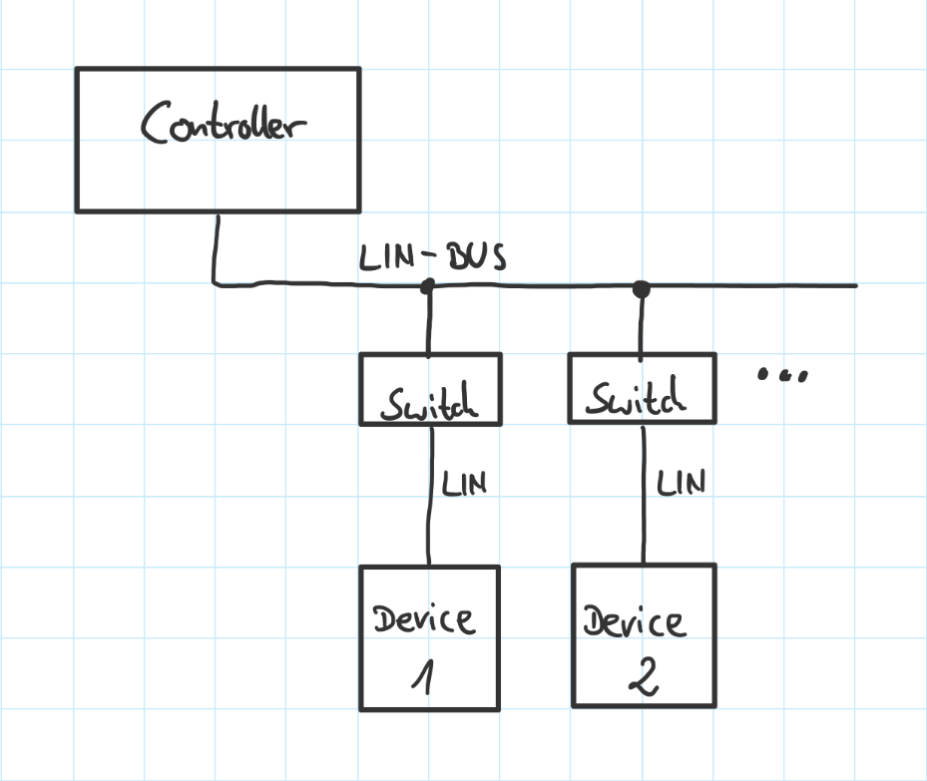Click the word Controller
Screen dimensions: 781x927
(x=224, y=127)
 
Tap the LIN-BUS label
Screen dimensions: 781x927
(x=432, y=257)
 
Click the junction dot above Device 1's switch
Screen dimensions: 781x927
(x=428, y=287)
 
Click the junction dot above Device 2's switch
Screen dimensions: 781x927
(x=641, y=288)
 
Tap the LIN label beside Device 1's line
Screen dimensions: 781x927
(x=464, y=485)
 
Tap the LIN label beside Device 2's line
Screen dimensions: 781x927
(x=681, y=483)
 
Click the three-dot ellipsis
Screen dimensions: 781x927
(x=782, y=376)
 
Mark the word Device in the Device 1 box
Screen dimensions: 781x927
(x=424, y=618)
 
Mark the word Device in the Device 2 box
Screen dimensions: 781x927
(x=635, y=622)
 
